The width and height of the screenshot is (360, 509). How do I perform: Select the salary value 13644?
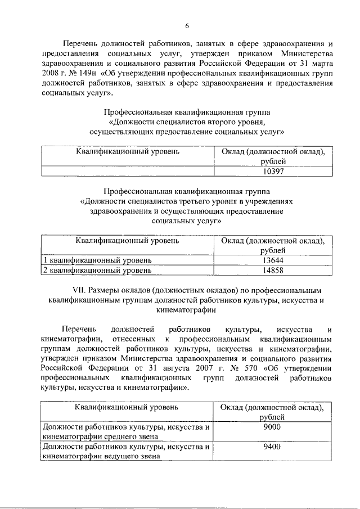pyautogui.click(x=273, y=260)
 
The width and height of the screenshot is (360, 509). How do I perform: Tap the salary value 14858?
pyautogui.click(x=273, y=271)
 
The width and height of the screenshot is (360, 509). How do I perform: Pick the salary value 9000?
pyautogui.click(x=272, y=427)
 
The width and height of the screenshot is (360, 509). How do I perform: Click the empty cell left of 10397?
pyautogui.click(x=127, y=172)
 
